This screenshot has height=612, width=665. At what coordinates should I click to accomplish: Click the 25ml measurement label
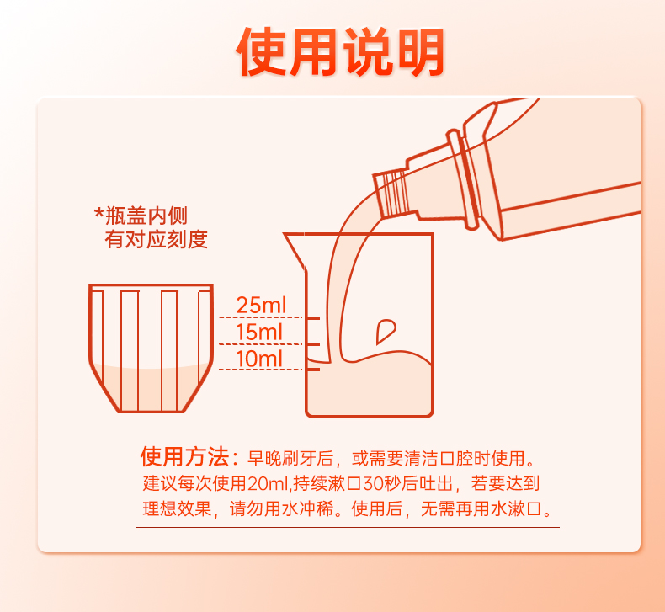(261, 305)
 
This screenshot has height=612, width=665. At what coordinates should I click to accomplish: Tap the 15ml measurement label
(258, 332)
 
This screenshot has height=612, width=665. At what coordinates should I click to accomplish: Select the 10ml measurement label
(258, 359)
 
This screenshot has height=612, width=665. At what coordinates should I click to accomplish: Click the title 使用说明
(340, 51)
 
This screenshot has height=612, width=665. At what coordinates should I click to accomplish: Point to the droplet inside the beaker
(385, 331)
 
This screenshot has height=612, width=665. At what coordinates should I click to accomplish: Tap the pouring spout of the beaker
(295, 250)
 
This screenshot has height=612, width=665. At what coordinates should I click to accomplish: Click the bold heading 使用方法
(185, 456)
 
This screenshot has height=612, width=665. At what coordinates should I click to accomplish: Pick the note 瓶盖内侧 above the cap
(141, 216)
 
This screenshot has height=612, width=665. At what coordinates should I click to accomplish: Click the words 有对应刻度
(156, 239)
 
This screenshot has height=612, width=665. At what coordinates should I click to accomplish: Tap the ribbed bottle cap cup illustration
(151, 348)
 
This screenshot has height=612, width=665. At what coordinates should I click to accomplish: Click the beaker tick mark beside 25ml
(313, 317)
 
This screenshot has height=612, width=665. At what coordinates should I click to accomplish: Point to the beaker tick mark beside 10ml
(313, 370)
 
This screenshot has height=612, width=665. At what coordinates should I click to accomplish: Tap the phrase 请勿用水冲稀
(281, 508)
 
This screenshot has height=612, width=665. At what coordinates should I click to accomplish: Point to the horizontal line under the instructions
(348, 528)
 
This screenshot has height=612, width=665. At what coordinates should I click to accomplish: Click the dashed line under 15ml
(260, 344)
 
